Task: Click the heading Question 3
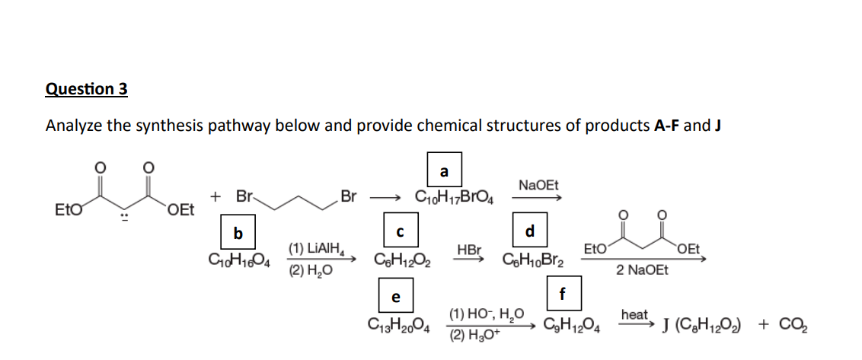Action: [87, 89]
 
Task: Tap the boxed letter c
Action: [400, 231]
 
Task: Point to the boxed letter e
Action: [395, 296]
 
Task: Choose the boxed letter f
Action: [562, 292]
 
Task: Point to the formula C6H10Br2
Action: [532, 259]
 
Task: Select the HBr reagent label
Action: [469, 249]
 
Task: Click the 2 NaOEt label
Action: [642, 269]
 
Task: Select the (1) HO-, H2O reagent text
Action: [487, 313]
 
